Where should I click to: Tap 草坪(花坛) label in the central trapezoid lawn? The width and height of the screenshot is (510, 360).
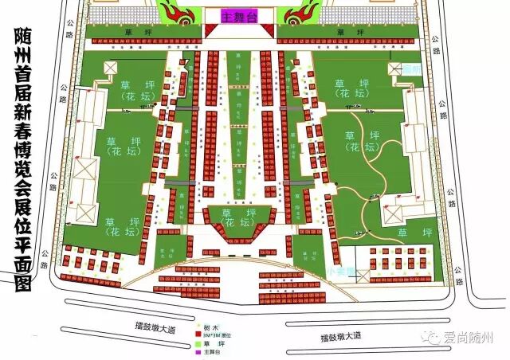(x=238, y=218)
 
